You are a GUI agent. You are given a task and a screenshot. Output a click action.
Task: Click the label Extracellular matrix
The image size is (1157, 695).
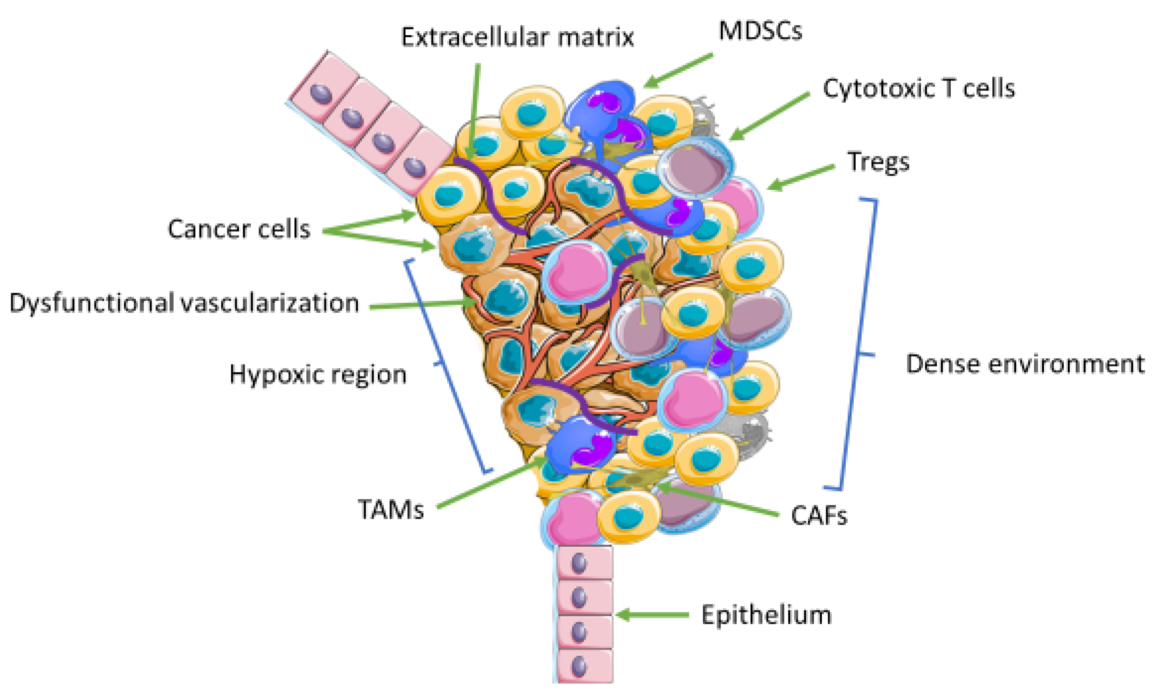(x=517, y=37)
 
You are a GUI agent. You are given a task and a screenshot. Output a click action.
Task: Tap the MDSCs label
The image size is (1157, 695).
(x=760, y=31)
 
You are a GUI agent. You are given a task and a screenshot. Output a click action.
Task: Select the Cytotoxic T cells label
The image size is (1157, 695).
(x=919, y=88)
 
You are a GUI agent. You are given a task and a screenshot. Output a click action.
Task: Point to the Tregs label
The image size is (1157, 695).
(x=878, y=163)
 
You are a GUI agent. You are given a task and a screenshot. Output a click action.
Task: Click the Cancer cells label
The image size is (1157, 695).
(x=239, y=229)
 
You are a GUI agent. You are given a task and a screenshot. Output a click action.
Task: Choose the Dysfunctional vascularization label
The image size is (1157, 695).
(x=184, y=303)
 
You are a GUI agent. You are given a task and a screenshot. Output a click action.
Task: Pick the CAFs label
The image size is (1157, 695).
(x=819, y=516)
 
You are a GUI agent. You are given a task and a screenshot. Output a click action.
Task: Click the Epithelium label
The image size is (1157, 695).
(x=766, y=615)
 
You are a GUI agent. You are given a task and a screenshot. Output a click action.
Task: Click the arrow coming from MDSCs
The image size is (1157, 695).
(x=679, y=70)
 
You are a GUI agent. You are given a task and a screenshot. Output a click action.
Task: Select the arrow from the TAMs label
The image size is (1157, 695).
(x=492, y=482)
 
